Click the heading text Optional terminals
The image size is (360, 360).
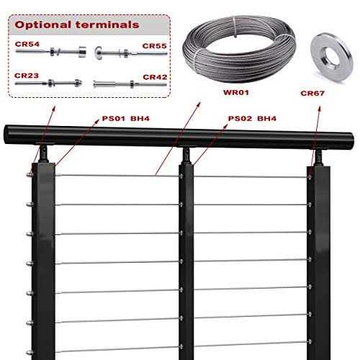(77, 24)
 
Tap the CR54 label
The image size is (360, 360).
(27, 44)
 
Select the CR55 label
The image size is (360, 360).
(154, 46)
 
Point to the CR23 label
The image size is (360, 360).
(27, 76)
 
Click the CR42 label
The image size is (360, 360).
(155, 77)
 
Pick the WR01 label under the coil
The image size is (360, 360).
(236, 92)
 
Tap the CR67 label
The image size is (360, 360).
(312, 93)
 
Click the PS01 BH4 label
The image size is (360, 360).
(125, 118)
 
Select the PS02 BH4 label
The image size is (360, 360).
(252, 118)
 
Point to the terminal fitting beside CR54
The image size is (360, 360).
(51, 52)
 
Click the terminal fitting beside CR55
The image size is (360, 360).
(131, 53)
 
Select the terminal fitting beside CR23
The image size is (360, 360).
(49, 84)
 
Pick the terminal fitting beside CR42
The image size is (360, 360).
(130, 84)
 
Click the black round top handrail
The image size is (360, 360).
(179, 137)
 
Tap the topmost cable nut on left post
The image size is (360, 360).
(30, 175)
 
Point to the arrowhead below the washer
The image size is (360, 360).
(320, 109)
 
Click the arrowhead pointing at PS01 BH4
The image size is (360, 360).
(96, 122)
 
